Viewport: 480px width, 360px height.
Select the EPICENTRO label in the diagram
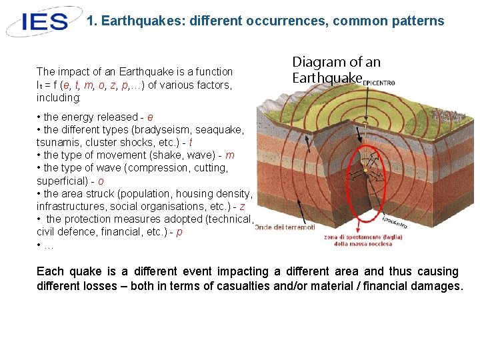(377, 82)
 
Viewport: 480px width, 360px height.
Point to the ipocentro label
(395, 221)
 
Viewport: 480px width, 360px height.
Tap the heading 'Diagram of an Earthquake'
(336, 70)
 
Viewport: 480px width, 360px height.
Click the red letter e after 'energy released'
(150, 117)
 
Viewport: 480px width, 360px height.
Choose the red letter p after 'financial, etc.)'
(179, 232)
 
